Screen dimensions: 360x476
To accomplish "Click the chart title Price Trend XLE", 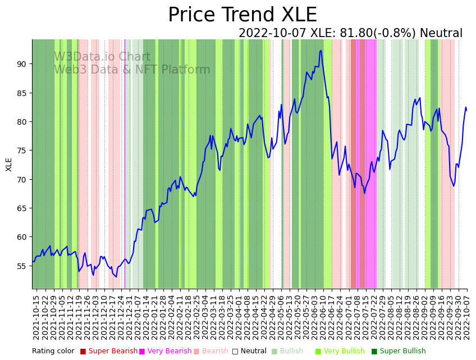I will pyautogui.click(x=242, y=15).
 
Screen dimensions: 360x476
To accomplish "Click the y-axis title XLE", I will pyautogui.click(x=9, y=164).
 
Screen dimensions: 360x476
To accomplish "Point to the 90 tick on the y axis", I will pyautogui.click(x=22, y=64).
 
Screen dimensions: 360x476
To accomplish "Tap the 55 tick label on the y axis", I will pyautogui.click(x=22, y=266).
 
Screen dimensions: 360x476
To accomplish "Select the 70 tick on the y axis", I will pyautogui.click(x=22, y=179).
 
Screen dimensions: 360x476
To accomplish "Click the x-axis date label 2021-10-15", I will pyautogui.click(x=36, y=317).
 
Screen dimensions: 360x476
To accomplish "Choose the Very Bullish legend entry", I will pyautogui.click(x=343, y=351).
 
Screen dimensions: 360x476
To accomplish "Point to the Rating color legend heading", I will pyautogui.click(x=53, y=351).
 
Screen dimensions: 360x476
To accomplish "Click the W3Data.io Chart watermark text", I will pyautogui.click(x=102, y=57).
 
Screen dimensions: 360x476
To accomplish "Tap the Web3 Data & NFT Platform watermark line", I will pyautogui.click(x=132, y=70).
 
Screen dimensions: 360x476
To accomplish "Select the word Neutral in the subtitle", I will pyautogui.click(x=441, y=34).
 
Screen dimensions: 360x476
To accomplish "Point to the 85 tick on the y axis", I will pyautogui.click(x=22, y=93).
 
